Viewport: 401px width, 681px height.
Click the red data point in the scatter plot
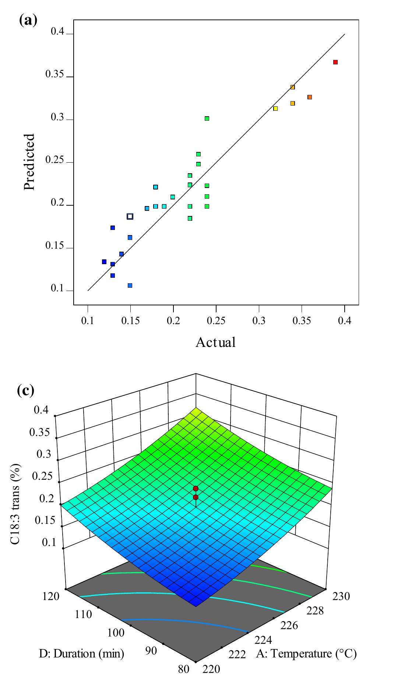335,62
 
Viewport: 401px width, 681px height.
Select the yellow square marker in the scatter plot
275,109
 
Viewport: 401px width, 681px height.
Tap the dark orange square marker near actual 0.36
310,97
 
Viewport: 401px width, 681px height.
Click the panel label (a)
28,19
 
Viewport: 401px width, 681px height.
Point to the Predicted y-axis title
29,162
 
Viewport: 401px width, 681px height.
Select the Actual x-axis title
215,343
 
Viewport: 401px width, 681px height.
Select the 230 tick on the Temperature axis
341,596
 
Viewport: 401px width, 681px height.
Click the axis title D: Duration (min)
82,654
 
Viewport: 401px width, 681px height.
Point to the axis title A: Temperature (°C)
306,654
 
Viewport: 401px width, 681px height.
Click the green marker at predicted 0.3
207,118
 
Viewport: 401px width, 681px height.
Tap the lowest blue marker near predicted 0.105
130,285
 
